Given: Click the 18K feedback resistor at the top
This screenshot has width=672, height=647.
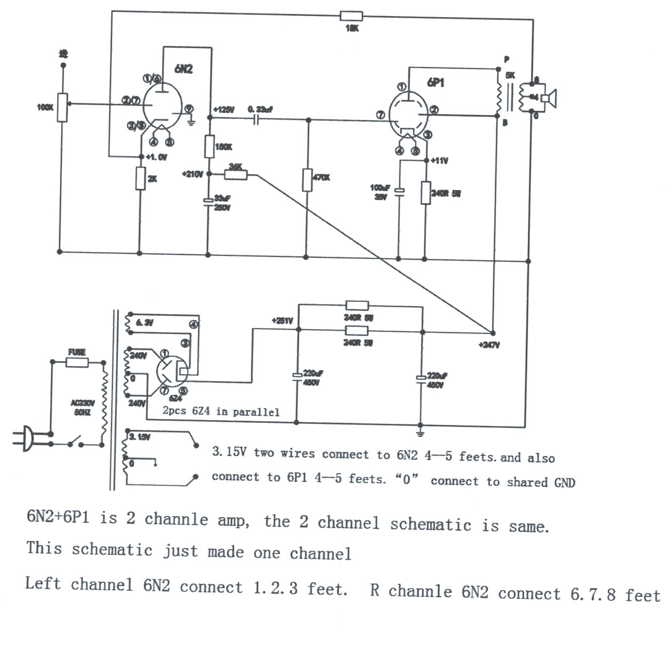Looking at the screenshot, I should coord(351,16).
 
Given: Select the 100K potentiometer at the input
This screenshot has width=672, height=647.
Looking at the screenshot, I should coord(63,107).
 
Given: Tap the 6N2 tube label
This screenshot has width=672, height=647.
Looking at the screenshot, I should coord(183,69).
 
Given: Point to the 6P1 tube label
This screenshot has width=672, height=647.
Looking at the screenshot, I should coord(435,82).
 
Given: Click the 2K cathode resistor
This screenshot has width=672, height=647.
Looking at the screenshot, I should coord(140,178).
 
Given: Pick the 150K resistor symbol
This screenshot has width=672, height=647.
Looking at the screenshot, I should coord(209,146).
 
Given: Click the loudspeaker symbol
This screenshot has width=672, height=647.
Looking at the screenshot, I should coord(549,98).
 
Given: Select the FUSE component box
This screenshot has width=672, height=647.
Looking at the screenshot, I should coord(77,362).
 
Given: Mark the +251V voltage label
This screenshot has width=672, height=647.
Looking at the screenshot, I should coord(282,321).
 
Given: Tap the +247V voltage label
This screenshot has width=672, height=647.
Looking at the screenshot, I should coord(489,345).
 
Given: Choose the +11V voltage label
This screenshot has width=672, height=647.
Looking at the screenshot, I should coord(439,161).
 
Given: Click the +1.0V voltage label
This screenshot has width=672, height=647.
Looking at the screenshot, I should coord(157,157).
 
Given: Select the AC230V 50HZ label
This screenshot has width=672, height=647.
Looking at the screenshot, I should coord(82,407).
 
